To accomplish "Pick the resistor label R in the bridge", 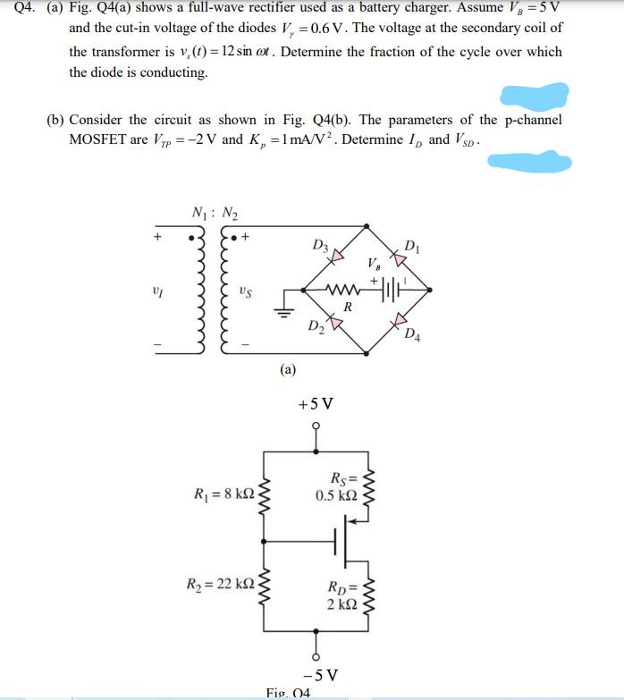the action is coord(347,307).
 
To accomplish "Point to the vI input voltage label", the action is coord(157,291).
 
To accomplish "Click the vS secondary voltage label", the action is coord(244,291).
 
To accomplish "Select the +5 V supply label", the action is coord(316,403).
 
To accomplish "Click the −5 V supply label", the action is coord(318,673).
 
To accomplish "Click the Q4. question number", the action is coord(16,10).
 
